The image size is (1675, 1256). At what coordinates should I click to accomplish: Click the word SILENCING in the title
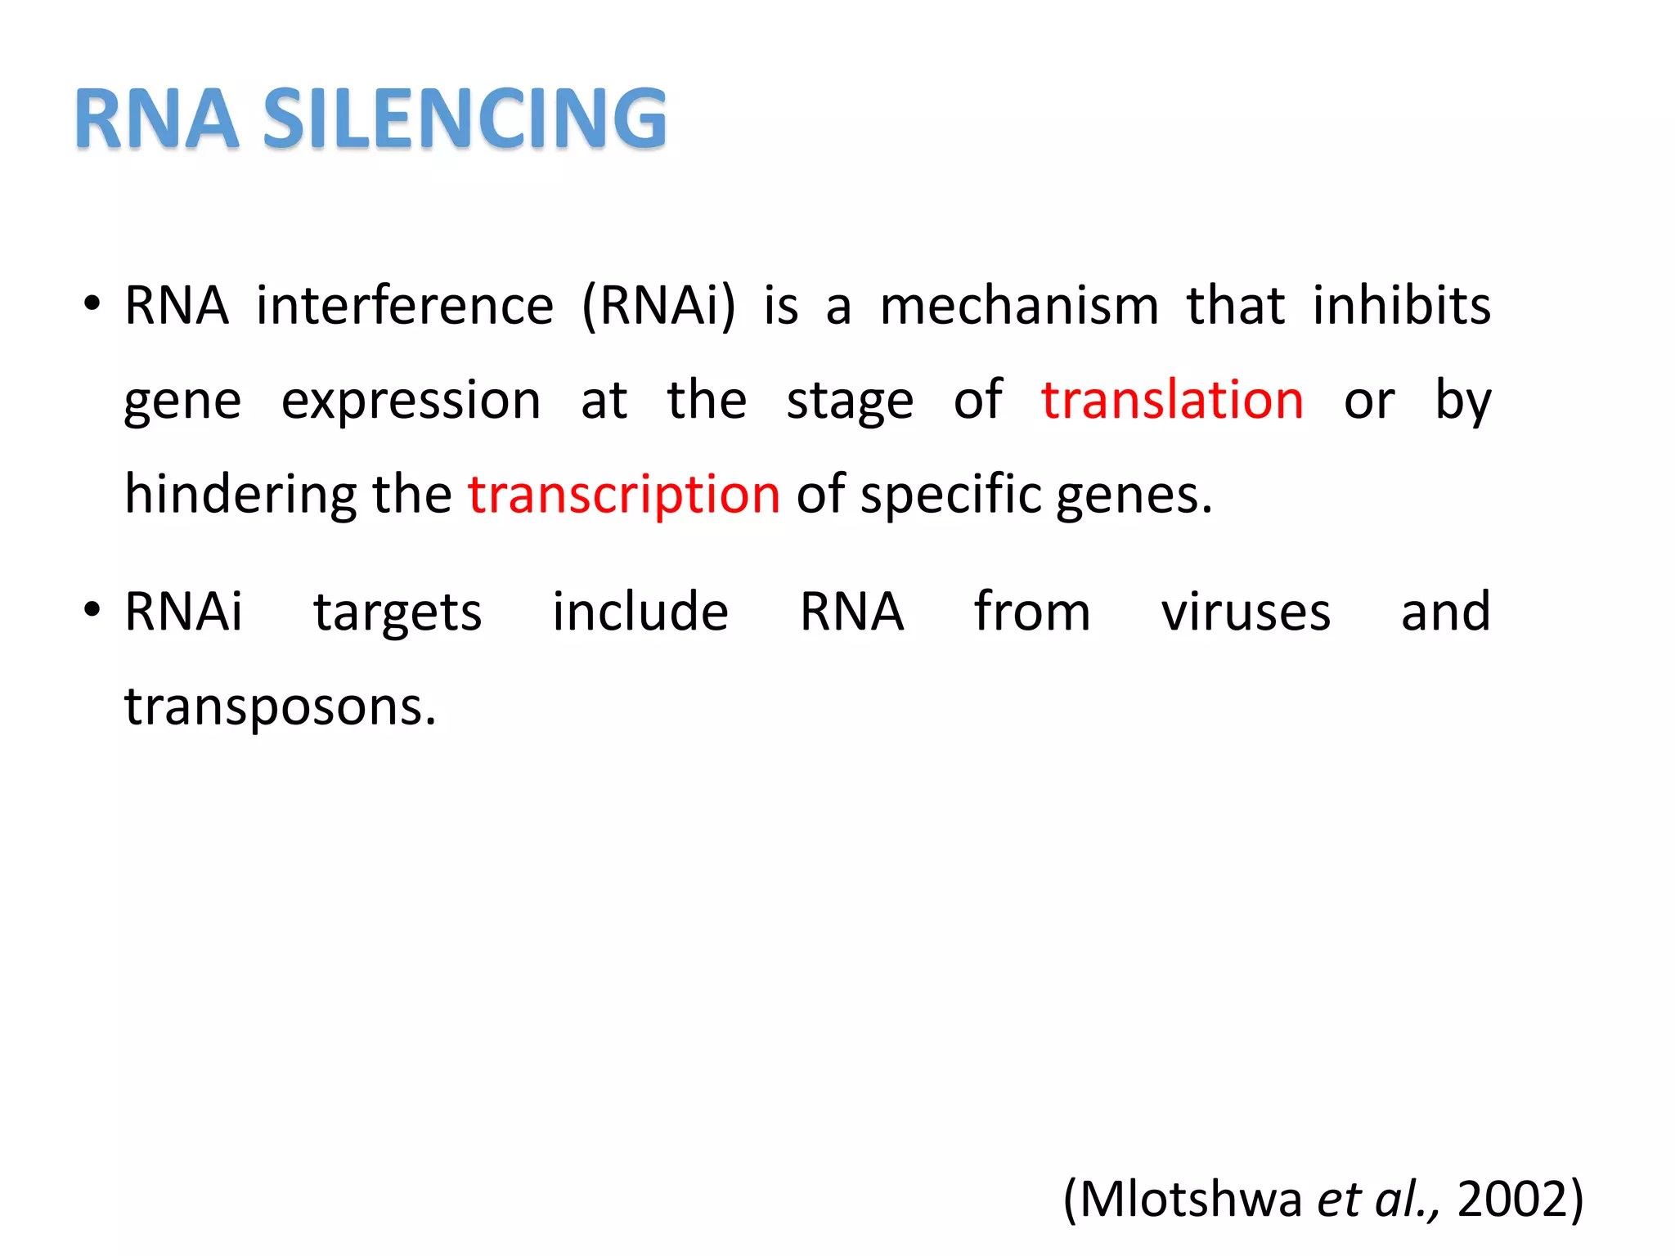(x=465, y=119)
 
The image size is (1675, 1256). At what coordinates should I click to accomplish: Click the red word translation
(x=1172, y=401)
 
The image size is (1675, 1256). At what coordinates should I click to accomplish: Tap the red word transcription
(x=624, y=495)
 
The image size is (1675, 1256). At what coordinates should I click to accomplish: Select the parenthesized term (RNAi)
(x=658, y=306)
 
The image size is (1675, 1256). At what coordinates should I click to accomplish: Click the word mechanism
(x=1019, y=306)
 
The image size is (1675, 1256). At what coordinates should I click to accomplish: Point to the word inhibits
(x=1402, y=306)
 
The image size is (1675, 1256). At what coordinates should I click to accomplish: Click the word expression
(x=411, y=402)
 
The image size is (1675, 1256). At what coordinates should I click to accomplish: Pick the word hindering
(x=240, y=496)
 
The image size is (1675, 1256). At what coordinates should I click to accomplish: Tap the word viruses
(x=1246, y=612)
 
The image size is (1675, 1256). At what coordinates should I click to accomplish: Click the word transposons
(x=280, y=706)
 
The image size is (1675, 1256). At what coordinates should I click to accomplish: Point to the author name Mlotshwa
(x=1190, y=1200)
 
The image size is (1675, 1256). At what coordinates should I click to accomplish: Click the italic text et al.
(x=1376, y=1200)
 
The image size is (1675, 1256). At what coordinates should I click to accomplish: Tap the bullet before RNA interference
(x=92, y=304)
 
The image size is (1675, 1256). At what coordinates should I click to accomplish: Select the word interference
(x=405, y=306)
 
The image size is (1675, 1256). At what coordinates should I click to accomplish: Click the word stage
(x=850, y=402)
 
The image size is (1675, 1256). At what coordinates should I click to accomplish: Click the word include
(x=640, y=612)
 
